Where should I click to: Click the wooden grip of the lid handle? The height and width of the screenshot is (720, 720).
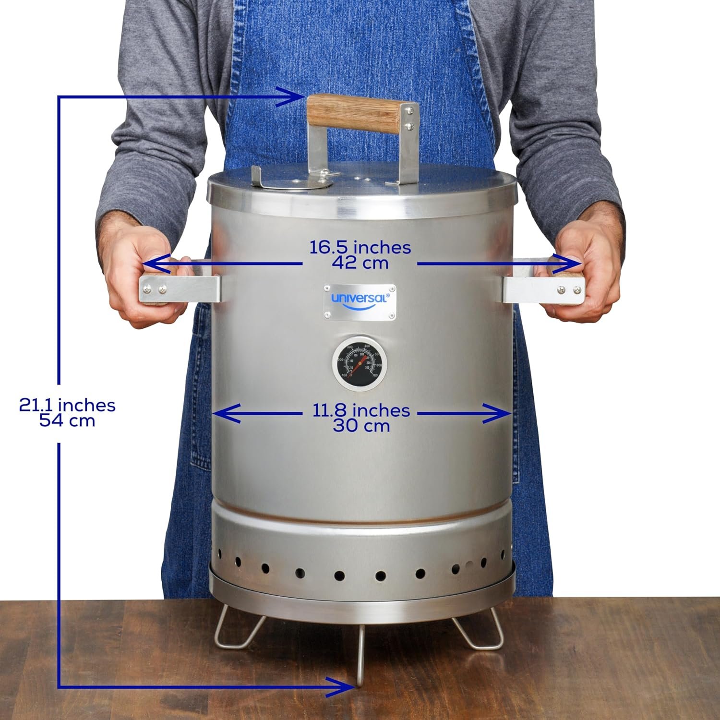coord(354,114)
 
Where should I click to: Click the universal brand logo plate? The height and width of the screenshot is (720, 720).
coord(360,301)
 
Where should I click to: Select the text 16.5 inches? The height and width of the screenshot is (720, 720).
coord(360,248)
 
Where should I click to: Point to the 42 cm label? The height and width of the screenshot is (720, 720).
coord(360,263)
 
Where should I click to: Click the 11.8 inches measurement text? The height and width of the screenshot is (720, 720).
coord(361,410)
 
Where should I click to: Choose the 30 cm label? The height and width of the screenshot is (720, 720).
coord(361,426)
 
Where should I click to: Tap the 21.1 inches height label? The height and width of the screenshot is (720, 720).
coord(67,405)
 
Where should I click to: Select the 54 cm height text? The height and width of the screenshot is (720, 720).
coord(67,421)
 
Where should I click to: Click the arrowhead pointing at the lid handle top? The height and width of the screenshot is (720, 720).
coord(290,97)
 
